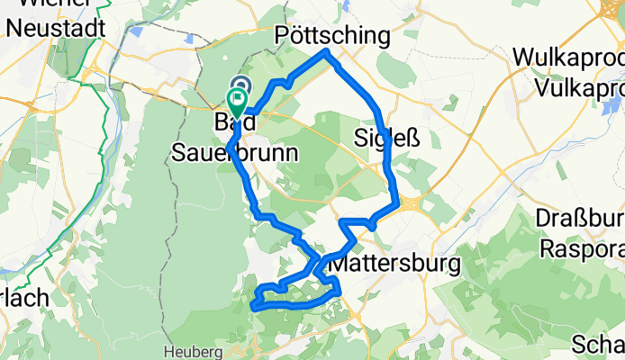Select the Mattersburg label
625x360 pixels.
click(x=395, y=264)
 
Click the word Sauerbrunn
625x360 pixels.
click(x=234, y=154)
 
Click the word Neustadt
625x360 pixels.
click(x=53, y=28)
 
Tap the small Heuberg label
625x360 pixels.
click(x=195, y=350)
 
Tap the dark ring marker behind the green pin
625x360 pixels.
click(x=240, y=86)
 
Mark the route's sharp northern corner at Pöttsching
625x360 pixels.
click(x=327, y=52)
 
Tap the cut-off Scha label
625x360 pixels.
click(x=600, y=345)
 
